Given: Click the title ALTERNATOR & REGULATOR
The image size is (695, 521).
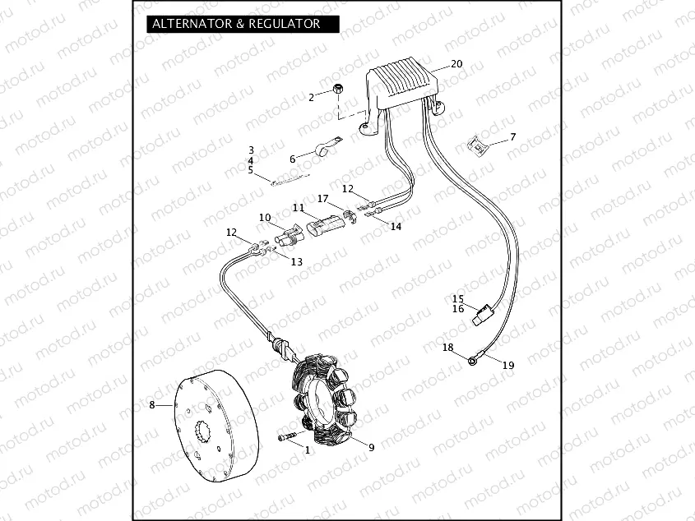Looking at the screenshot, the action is click(x=235, y=24).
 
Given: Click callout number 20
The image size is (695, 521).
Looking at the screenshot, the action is click(x=456, y=64).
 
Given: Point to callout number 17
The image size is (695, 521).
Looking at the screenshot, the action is click(x=323, y=199).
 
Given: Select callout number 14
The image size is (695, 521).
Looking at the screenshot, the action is click(x=396, y=226).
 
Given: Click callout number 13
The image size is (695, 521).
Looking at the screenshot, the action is click(x=296, y=261).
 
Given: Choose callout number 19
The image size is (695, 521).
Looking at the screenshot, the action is click(x=508, y=365).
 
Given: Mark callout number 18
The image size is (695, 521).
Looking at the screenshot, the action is click(x=447, y=348).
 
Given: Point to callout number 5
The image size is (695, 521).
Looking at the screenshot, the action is click(x=251, y=169).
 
